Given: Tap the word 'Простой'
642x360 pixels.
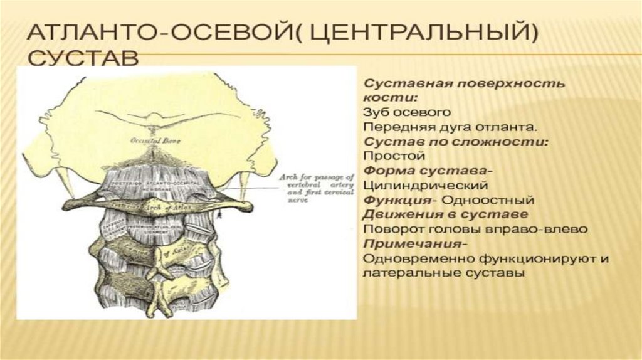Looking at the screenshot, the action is [387, 156].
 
